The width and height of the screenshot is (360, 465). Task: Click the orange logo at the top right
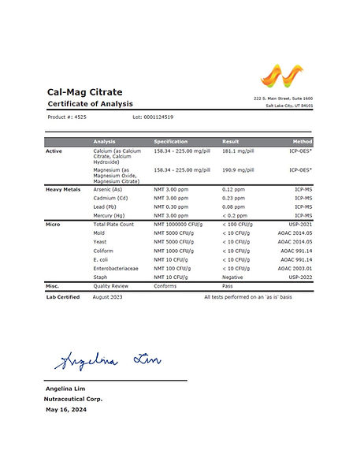pos(280,76)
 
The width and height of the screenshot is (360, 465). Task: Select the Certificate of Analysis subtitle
pos(90,104)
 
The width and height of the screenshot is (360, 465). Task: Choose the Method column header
pos(302,141)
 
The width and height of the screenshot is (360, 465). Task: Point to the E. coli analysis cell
pos(103,259)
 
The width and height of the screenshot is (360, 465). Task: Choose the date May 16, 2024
pos(65,410)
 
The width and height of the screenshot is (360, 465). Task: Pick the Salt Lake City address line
pos(288,105)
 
